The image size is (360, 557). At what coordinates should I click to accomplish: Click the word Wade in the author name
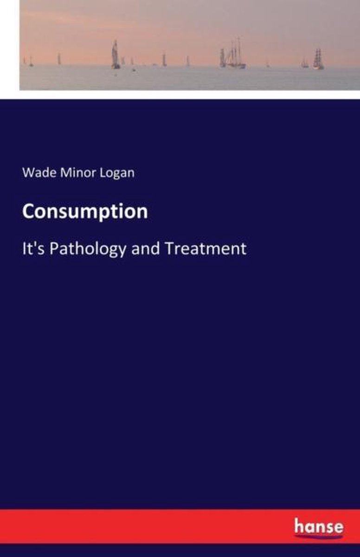click(x=39, y=173)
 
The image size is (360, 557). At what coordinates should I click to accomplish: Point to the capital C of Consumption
click(x=28, y=211)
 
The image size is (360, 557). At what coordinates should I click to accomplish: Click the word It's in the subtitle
click(x=33, y=248)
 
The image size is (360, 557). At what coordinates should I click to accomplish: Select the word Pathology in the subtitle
click(x=88, y=249)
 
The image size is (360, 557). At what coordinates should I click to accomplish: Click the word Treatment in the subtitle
click(x=206, y=248)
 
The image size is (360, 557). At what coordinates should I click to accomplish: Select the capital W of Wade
click(x=29, y=173)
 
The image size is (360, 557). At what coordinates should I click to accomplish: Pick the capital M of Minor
click(x=65, y=173)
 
